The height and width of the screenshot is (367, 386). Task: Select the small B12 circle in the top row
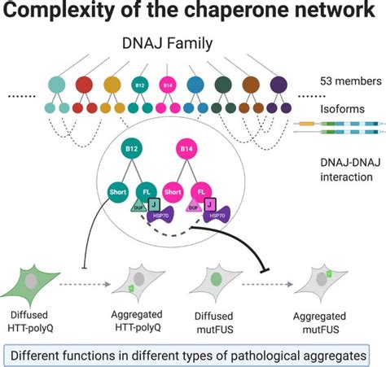click(x=139, y=84)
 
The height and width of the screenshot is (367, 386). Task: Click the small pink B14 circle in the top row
click(x=169, y=84)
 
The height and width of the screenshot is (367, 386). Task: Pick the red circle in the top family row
click(x=84, y=84)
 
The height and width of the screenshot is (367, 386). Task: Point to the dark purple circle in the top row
click(x=278, y=84)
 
